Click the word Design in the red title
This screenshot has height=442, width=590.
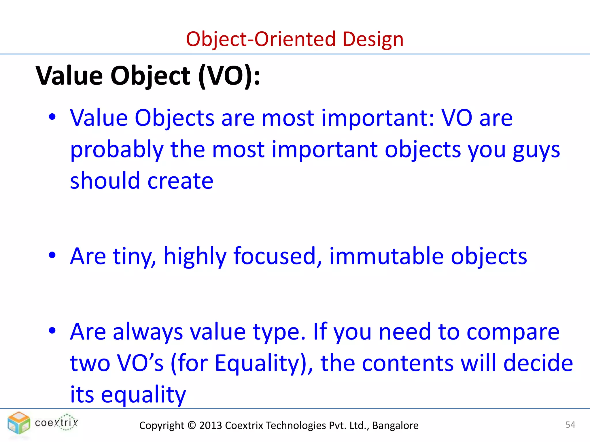[373, 39]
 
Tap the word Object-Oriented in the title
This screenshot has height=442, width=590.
[261, 39]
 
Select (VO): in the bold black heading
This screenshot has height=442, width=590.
[229, 76]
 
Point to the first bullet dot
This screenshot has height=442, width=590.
[52, 117]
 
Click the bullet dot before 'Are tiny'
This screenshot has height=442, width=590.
[52, 255]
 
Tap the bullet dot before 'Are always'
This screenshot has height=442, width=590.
[52, 331]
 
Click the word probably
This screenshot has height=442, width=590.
[117, 150]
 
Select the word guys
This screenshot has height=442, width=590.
[536, 150]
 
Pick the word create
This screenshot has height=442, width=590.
[180, 181]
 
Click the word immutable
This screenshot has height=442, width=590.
[386, 256]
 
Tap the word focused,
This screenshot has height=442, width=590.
[277, 256]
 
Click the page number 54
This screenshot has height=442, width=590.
[570, 425]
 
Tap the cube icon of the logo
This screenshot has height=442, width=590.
[19, 423]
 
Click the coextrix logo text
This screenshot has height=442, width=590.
[56, 423]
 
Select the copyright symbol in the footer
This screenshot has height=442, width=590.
[192, 425]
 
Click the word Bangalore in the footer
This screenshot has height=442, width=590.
[395, 425]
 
